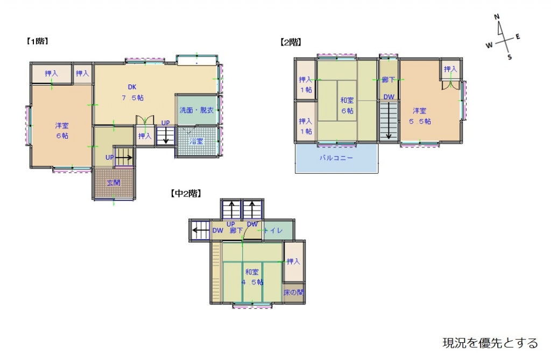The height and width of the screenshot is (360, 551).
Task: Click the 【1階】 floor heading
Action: click(37, 41)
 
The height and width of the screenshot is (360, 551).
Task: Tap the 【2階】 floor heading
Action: click(290, 41)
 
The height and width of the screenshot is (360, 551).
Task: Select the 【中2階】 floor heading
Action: click(186, 193)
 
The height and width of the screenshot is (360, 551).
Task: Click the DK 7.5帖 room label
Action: click(132, 92)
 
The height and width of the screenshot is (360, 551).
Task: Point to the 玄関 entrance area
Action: click(114, 182)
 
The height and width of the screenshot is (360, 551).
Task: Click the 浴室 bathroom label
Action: click(196, 141)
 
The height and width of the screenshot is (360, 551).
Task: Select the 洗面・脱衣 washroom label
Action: click(196, 110)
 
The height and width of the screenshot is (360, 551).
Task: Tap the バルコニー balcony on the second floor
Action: click(336, 158)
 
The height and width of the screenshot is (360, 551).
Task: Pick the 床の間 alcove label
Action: click(294, 293)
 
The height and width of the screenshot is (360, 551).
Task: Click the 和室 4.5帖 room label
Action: click(252, 277)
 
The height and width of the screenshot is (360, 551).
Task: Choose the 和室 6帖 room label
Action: click(347, 105)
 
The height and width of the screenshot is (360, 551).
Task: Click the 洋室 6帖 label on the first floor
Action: click(62, 130)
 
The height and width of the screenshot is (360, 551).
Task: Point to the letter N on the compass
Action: click(498, 17)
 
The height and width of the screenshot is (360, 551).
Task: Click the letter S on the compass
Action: click(510, 57)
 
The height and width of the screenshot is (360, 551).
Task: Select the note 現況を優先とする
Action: click(490, 343)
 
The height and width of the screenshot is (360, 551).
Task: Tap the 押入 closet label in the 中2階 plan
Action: click(293, 262)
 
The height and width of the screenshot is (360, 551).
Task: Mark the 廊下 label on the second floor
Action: click(388, 80)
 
